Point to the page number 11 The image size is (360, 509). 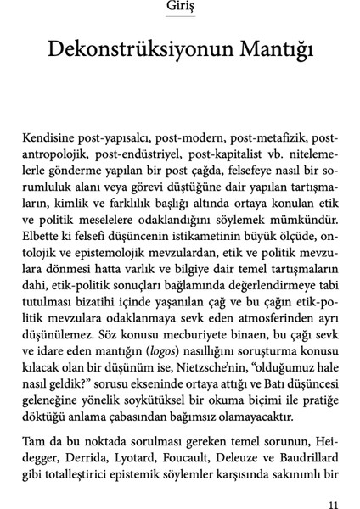coord(332,503)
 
